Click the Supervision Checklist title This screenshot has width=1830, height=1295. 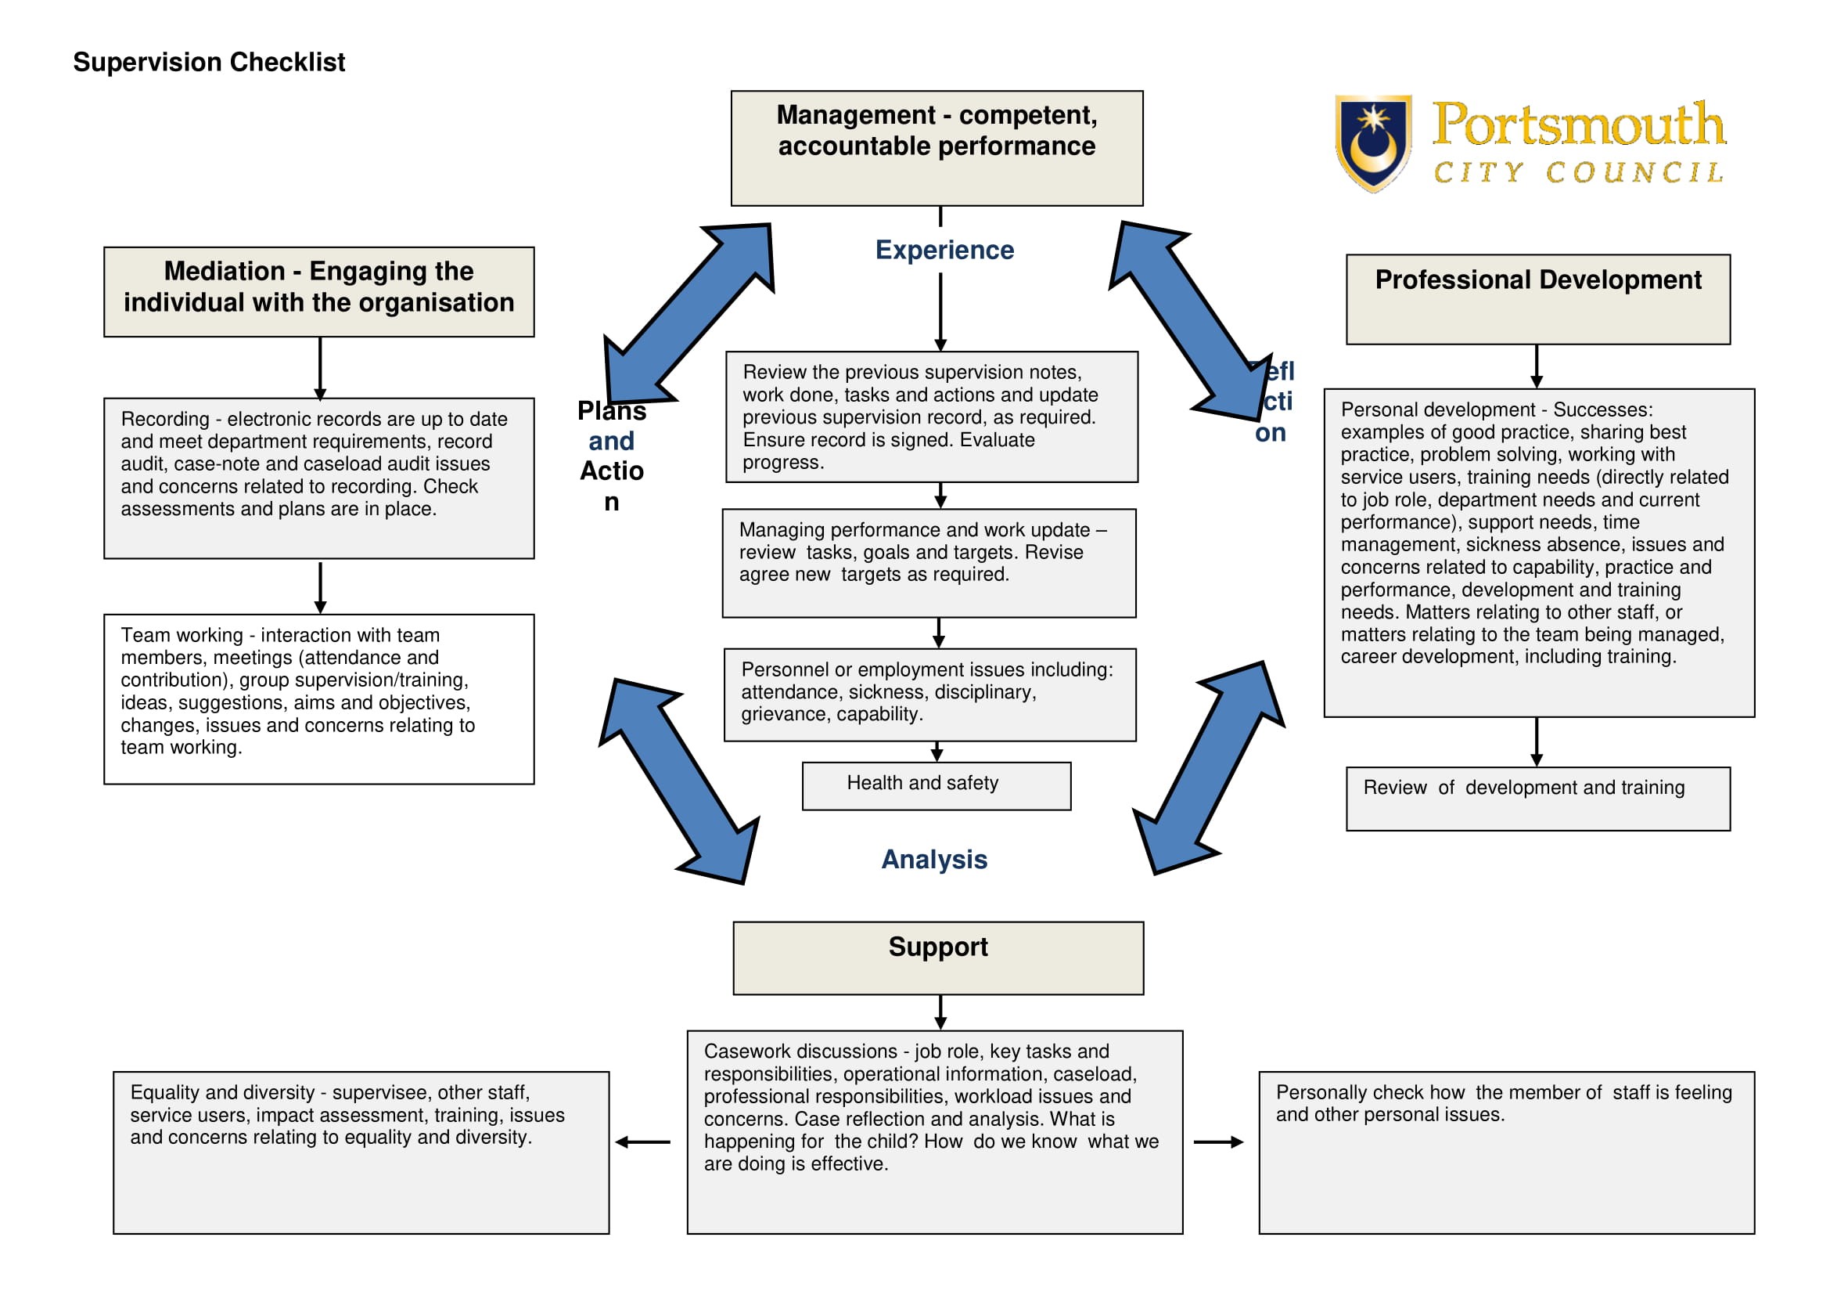click(x=209, y=62)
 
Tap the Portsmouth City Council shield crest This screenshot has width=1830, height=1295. click(x=1372, y=142)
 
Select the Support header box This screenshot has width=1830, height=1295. click(x=938, y=958)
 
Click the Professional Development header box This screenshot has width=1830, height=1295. click(x=1537, y=299)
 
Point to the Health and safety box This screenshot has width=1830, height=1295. click(x=936, y=785)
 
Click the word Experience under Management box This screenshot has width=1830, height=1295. click(x=944, y=250)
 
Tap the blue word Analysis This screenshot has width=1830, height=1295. click(x=933, y=859)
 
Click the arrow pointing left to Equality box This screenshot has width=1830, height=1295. click(x=643, y=1142)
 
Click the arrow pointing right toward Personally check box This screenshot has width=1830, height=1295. click(x=1218, y=1142)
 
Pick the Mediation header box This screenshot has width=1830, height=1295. click(x=318, y=291)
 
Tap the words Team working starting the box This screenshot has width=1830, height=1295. click(x=181, y=636)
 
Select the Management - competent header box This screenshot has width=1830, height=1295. click(x=937, y=147)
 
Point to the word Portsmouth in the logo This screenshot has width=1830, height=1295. click(x=1577, y=125)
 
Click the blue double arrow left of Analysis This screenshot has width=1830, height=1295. click(x=679, y=781)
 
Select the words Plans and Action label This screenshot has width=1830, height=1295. click(x=611, y=456)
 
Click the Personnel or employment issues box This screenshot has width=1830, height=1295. click(x=929, y=694)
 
